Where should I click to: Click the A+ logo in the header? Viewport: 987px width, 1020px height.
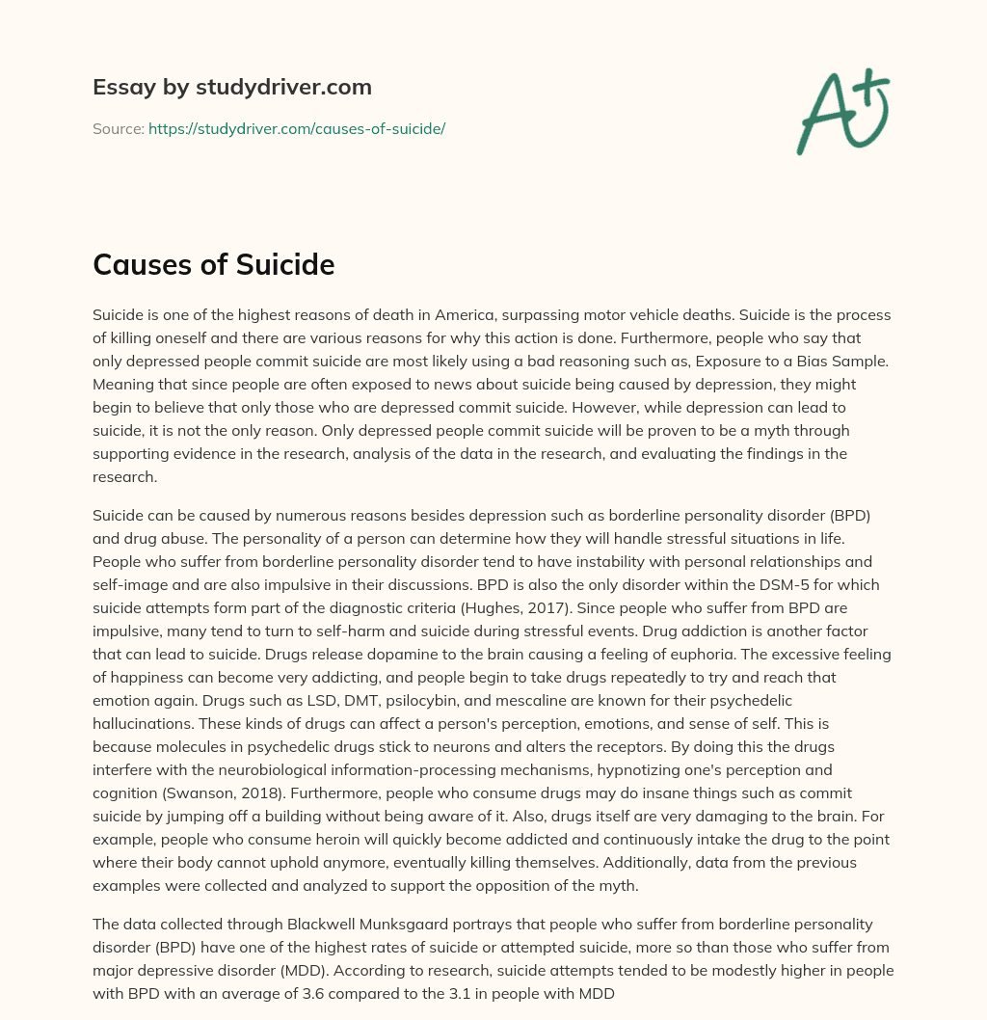click(841, 112)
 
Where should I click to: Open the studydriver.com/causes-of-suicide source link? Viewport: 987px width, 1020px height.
click(297, 128)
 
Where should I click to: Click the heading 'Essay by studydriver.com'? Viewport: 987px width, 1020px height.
click(232, 87)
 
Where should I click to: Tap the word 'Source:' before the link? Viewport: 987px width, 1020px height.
click(119, 128)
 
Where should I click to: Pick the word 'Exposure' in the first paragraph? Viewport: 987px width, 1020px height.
click(667, 360)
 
